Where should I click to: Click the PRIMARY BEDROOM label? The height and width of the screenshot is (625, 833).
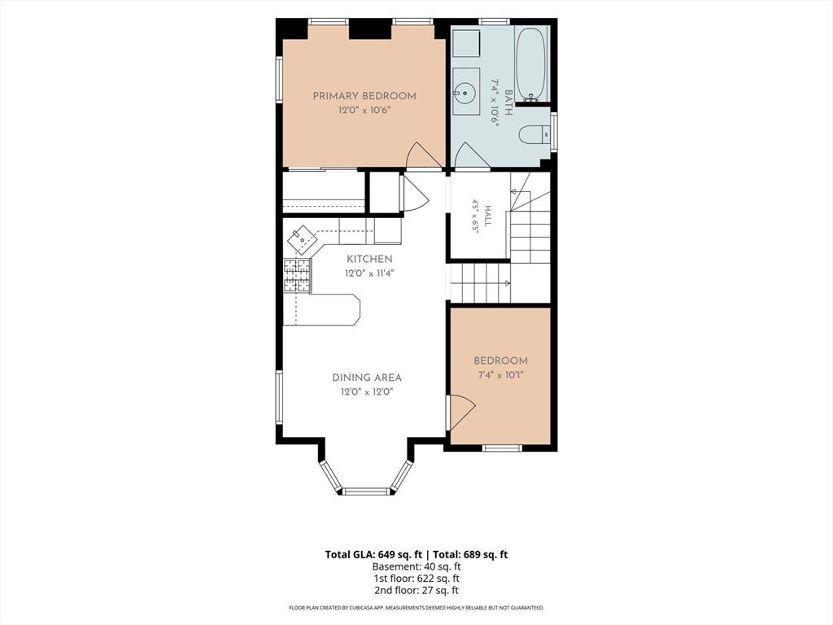364,96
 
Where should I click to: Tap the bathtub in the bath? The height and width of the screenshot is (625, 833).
530,64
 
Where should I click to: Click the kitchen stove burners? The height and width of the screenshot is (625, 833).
296,275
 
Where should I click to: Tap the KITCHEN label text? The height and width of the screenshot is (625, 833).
369,260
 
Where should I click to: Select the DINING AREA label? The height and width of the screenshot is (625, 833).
367,378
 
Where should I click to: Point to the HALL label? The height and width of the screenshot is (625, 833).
487,216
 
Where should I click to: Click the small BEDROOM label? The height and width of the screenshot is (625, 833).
500,361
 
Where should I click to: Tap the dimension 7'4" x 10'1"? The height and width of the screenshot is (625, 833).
501,375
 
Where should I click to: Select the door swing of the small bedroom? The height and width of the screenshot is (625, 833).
461,412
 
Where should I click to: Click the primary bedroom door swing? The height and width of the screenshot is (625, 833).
423,155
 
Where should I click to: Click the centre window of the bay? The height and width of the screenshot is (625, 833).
367,491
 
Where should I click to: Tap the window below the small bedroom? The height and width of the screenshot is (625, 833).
501,448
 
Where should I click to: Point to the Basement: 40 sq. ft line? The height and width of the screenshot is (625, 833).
416,566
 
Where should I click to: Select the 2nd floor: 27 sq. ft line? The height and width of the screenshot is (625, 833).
416,590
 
